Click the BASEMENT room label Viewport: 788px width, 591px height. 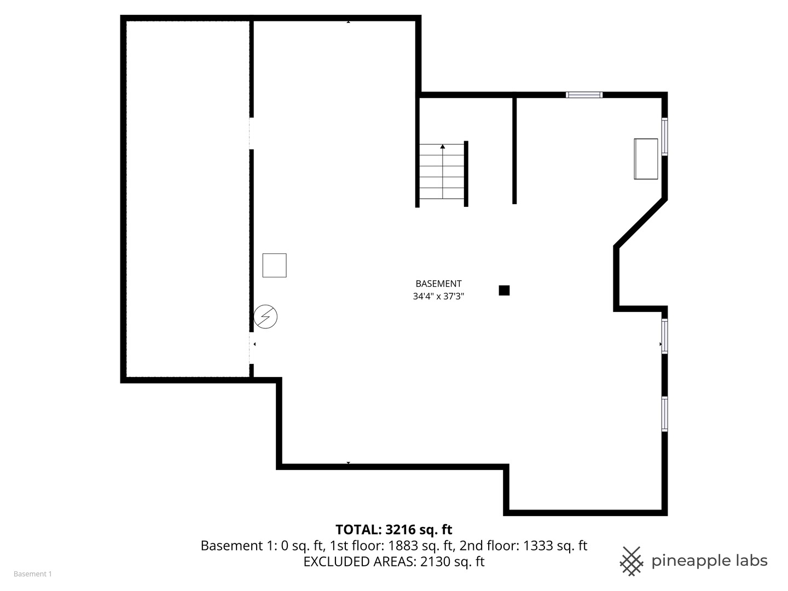point(438,283)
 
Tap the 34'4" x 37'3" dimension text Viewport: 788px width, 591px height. point(438,297)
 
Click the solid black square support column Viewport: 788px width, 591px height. point(504,291)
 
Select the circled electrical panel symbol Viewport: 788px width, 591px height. point(266,317)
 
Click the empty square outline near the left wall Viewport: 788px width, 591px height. point(274,265)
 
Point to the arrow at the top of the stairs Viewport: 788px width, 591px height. point(442,147)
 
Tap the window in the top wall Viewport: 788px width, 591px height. point(584,95)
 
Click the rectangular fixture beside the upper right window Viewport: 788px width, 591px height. point(646,159)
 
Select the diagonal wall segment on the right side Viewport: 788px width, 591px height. point(640,223)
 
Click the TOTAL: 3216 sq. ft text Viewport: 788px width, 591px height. point(393,530)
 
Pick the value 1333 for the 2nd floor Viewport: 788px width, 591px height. point(537,546)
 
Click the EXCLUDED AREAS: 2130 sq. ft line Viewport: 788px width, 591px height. point(393,561)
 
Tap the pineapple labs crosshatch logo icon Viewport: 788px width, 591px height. point(631,561)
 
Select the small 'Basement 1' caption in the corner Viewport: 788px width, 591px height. point(32,574)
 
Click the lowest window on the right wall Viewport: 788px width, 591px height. point(664,414)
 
